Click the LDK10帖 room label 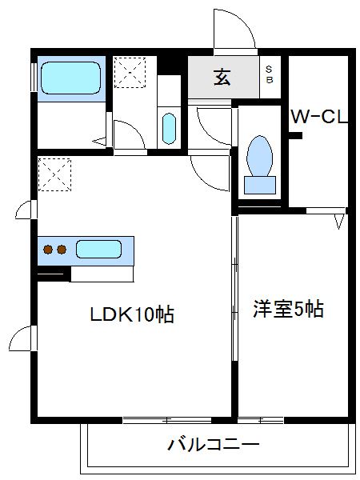click(x=131, y=314)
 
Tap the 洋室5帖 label click(x=290, y=310)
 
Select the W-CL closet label click(x=319, y=118)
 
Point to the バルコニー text click(x=214, y=445)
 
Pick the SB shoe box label click(x=269, y=75)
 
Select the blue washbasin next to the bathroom click(x=168, y=127)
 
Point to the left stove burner click(x=47, y=249)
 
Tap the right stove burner click(x=61, y=249)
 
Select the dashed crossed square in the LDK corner click(x=54, y=175)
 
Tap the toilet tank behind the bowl click(x=259, y=184)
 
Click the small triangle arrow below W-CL click(x=339, y=218)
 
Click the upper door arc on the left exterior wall click(x=25, y=210)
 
